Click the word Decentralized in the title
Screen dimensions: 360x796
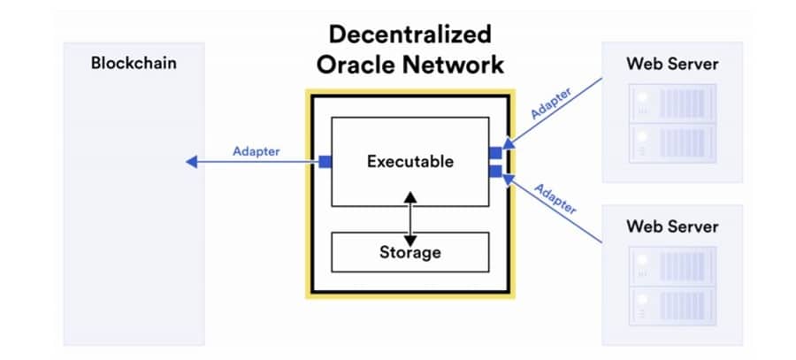[409, 35]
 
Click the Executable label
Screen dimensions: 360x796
[409, 162]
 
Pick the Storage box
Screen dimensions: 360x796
[409, 252]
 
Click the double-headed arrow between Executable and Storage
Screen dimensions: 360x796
[409, 218]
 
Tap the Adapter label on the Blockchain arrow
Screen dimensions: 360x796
[256, 151]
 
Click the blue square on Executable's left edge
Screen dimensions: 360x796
[325, 162]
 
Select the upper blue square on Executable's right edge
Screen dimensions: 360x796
[495, 153]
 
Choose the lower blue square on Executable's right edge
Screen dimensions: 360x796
[495, 171]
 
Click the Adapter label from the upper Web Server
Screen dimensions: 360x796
[550, 103]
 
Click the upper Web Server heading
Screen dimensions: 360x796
[672, 64]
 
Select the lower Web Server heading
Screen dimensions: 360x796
[672, 226]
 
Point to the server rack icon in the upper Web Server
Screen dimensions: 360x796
[672, 123]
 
